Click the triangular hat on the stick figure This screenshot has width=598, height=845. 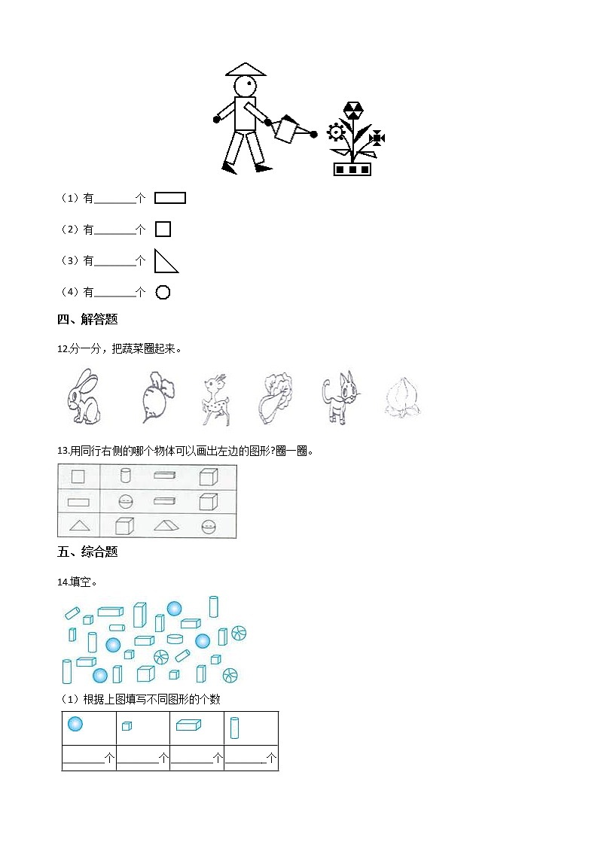click(246, 70)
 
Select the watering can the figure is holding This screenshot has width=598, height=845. click(287, 129)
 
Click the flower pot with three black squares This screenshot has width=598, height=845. click(352, 169)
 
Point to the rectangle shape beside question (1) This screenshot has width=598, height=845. click(169, 198)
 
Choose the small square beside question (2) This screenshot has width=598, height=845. click(163, 229)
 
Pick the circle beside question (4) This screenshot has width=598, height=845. click(163, 292)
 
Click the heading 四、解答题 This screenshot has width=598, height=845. click(87, 319)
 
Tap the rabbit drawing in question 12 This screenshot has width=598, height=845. click(82, 397)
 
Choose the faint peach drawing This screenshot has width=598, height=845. click(401, 397)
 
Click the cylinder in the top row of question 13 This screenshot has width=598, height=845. click(126, 476)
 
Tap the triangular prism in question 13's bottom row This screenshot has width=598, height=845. click(166, 525)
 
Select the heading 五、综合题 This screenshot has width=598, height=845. click(87, 552)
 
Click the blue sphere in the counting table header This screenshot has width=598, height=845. click(75, 724)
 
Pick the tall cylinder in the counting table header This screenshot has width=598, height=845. click(234, 727)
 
